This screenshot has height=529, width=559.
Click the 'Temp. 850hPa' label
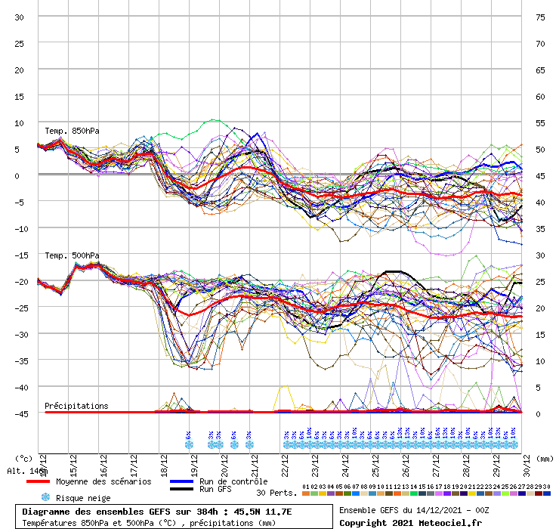pos(72,131)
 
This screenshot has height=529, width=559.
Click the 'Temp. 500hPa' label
pos(72,255)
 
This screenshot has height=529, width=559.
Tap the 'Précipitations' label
pos(76,406)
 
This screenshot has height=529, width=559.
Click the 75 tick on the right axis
pos(540,17)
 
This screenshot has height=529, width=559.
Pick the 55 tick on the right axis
pos(540,122)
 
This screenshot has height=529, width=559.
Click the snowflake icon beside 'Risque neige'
pos(45,497)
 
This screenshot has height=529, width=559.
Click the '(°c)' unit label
pos(23,457)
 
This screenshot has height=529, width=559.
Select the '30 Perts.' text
pos(276,492)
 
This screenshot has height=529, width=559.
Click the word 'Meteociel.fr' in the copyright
pos(445,523)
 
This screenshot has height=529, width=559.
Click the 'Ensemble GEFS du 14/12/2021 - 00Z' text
pos(424,510)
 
